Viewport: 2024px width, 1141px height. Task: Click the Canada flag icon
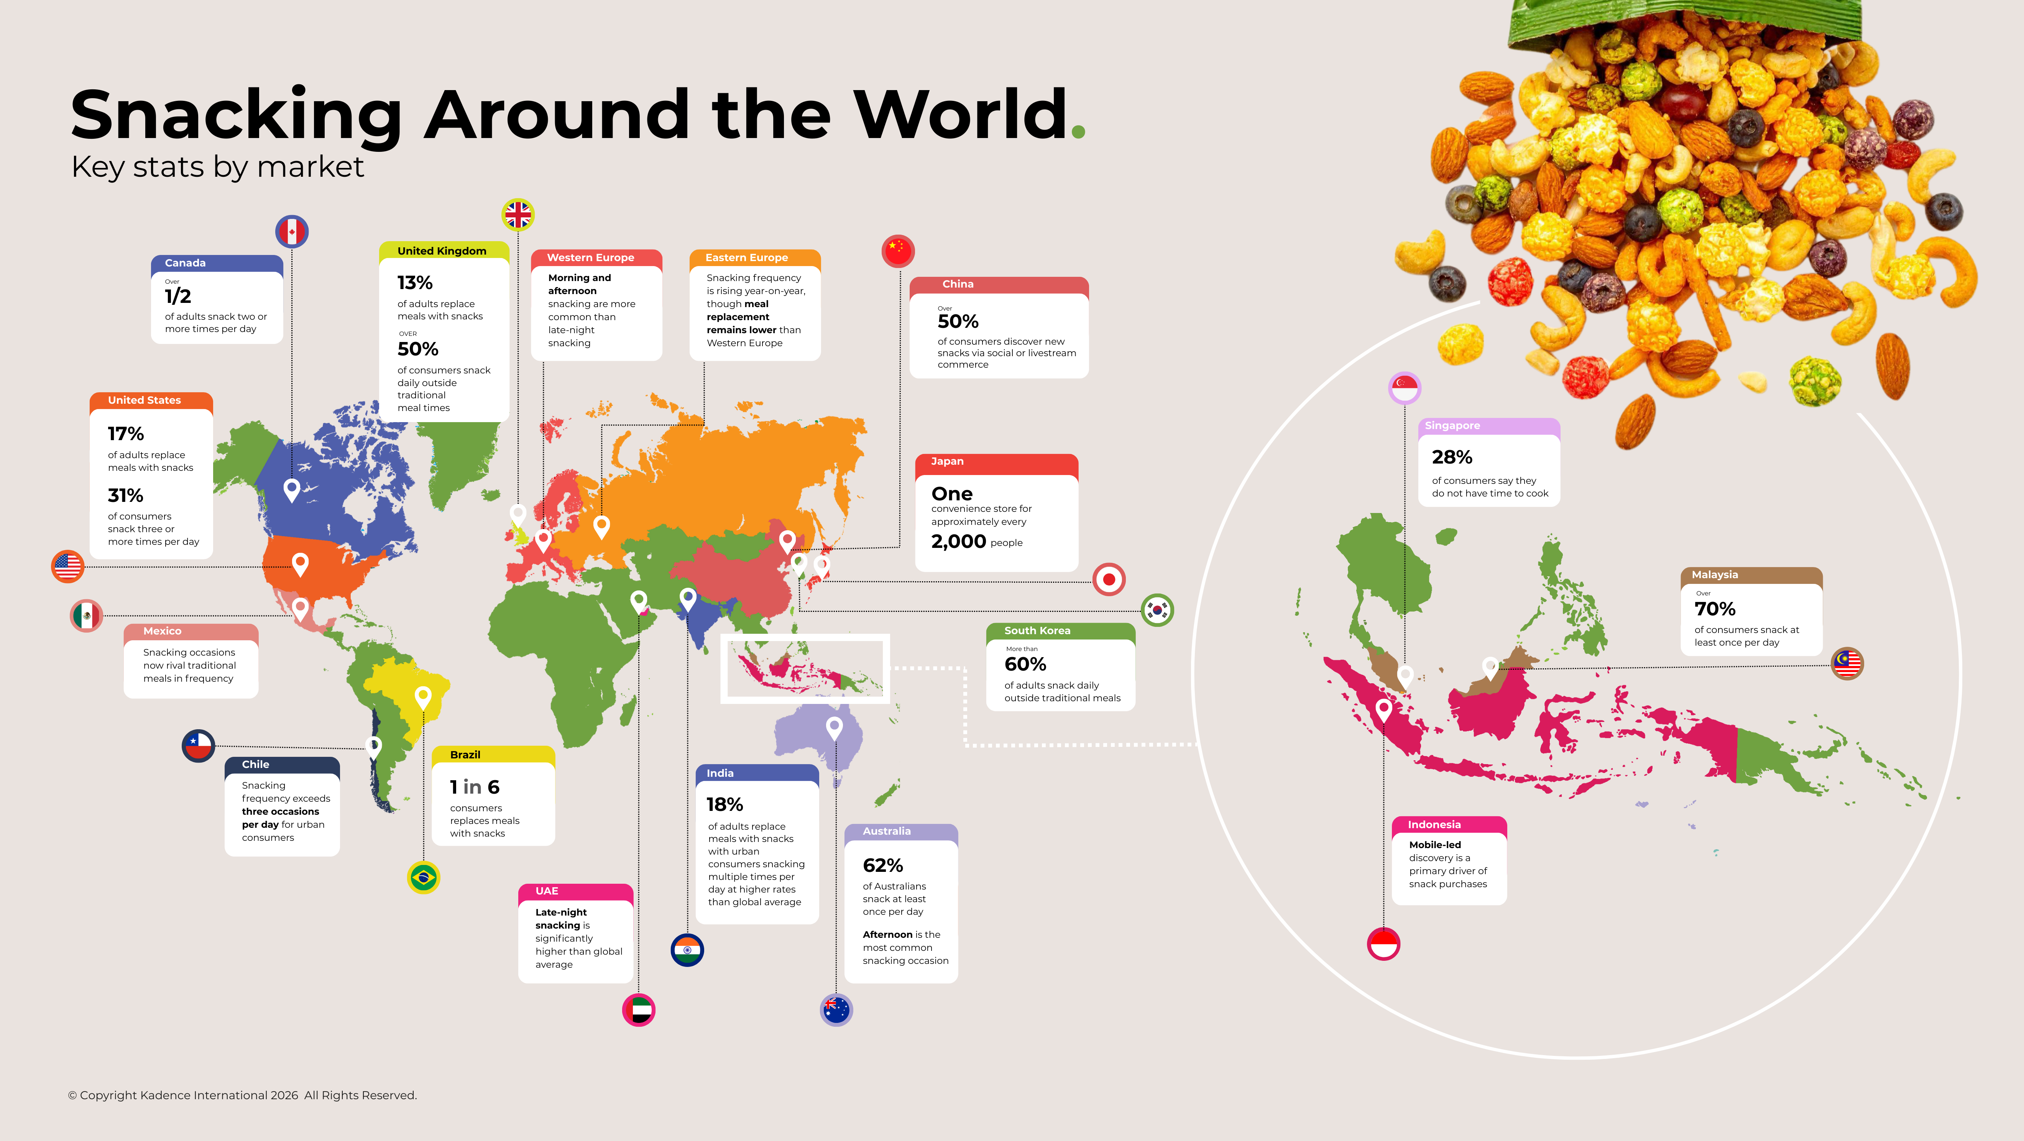click(291, 231)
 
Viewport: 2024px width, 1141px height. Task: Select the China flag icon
click(898, 252)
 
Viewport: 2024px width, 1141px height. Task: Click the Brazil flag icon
click(424, 877)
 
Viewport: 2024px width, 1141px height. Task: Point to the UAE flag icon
click(639, 1010)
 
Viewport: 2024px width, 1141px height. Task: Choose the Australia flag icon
click(836, 1010)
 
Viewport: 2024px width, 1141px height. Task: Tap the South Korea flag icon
click(1157, 610)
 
